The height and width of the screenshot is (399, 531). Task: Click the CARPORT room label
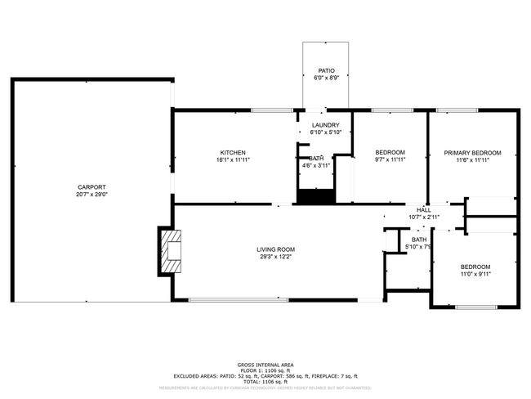pyautogui.click(x=91, y=187)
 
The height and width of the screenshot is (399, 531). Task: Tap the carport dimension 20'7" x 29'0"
pyautogui.click(x=91, y=195)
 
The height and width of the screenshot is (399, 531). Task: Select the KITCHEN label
pyautogui.click(x=233, y=153)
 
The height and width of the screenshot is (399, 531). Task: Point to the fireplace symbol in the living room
pyautogui.click(x=171, y=250)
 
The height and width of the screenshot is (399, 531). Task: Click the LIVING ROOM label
pyautogui.click(x=275, y=249)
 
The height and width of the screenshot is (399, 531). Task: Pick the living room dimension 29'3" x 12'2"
pyautogui.click(x=275, y=257)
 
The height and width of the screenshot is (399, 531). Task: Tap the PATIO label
pyautogui.click(x=326, y=71)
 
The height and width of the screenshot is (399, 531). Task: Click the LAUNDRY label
pyautogui.click(x=325, y=125)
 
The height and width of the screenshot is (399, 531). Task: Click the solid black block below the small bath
pyautogui.click(x=316, y=196)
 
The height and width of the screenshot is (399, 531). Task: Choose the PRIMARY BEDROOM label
pyautogui.click(x=472, y=153)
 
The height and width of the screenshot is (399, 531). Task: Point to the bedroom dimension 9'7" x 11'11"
pyautogui.click(x=390, y=160)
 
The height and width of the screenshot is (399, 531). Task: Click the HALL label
pyautogui.click(x=424, y=209)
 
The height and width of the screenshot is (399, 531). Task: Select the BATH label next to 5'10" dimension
pyautogui.click(x=418, y=239)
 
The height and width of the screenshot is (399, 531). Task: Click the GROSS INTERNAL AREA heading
pyautogui.click(x=265, y=364)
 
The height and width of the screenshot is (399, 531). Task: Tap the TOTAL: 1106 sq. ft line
pyautogui.click(x=265, y=381)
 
